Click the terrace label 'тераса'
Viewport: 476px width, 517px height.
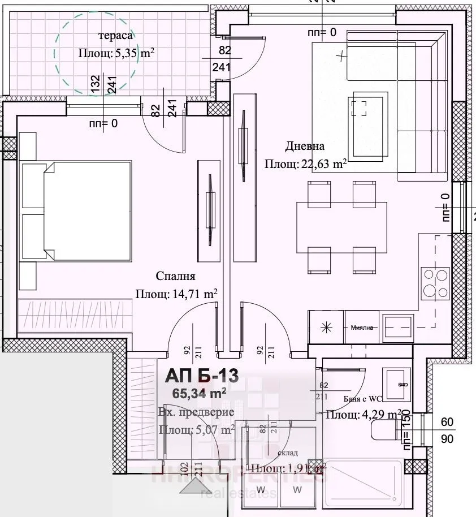116,36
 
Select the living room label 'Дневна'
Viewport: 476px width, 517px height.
305,147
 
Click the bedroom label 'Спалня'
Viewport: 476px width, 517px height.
176,276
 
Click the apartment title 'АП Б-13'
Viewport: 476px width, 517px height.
202,376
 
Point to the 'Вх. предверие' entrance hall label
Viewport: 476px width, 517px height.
196,412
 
